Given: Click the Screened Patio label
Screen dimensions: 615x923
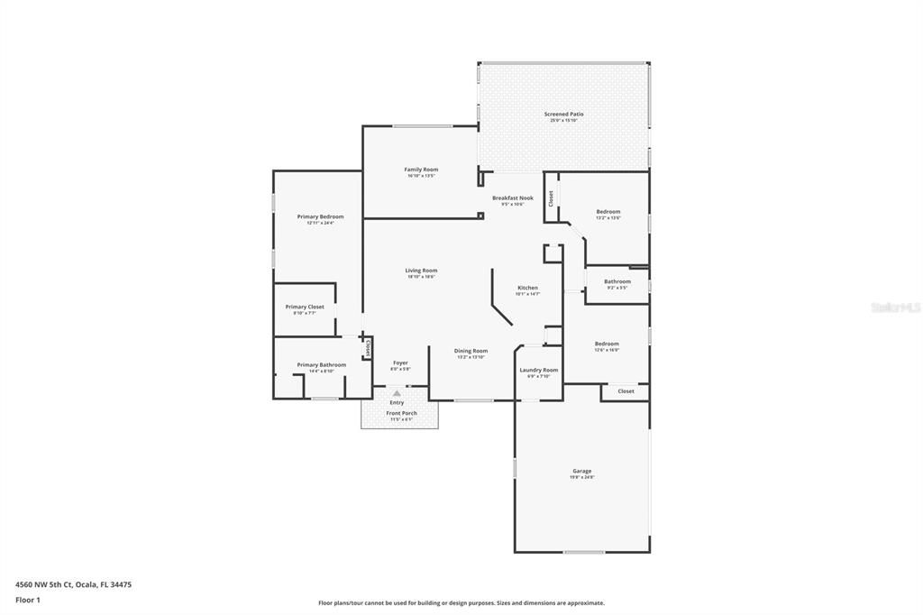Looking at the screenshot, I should tap(563, 115).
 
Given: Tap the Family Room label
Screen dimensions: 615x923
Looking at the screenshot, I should tap(421, 170).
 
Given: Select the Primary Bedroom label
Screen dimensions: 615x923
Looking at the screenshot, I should tap(320, 216).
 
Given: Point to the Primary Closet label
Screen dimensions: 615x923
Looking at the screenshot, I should tap(305, 307).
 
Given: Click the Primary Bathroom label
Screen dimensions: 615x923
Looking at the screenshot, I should tap(322, 365).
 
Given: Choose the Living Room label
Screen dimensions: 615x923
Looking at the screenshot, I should tap(421, 271).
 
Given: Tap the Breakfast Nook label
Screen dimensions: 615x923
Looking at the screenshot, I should tap(512, 197).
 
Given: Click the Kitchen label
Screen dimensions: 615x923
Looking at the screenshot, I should tap(527, 288).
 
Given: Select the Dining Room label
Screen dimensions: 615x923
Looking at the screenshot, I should tap(471, 351).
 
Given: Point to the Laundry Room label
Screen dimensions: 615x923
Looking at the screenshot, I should tap(539, 370).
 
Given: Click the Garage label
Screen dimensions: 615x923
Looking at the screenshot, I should tap(581, 471).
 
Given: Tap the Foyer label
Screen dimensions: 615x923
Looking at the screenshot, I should tap(400, 363).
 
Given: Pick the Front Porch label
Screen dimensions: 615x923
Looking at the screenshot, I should tap(401, 413).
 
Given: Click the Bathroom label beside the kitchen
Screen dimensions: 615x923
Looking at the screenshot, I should tap(617, 281).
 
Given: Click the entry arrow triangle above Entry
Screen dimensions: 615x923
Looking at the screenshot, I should tap(397, 393).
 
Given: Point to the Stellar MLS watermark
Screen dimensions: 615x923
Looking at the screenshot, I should tap(895, 307).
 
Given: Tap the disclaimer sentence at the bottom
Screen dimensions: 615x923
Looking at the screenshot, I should tap(461, 603).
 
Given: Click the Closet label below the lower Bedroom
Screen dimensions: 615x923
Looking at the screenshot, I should tap(626, 391).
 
